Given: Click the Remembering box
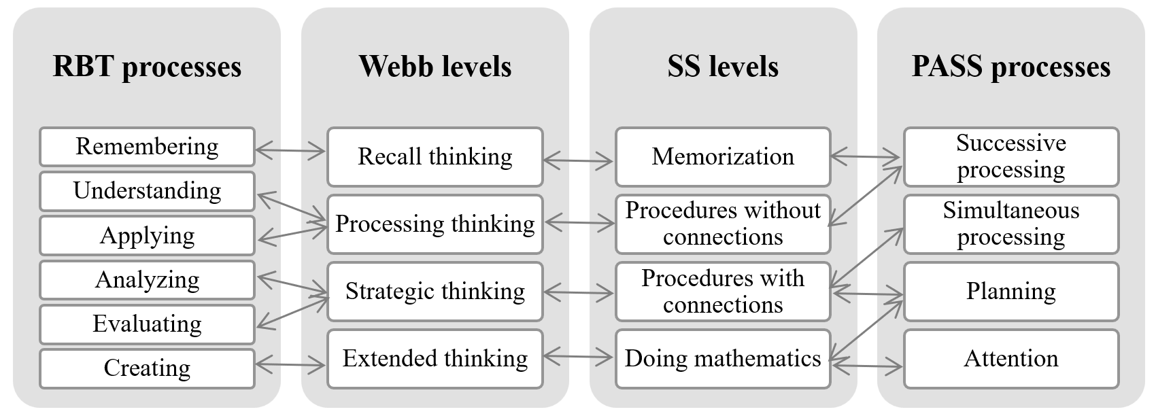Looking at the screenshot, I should click(x=147, y=147).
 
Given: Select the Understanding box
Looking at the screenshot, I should click(x=147, y=191).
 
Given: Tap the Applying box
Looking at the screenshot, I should click(x=147, y=235).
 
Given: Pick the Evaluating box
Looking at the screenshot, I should click(x=147, y=324).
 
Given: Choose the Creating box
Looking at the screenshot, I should click(x=147, y=368).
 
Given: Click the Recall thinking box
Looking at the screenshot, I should click(x=435, y=157).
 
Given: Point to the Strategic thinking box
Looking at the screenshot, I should click(x=435, y=292).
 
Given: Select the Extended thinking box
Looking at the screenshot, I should click(x=435, y=359).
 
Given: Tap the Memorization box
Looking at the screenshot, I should click(x=723, y=157).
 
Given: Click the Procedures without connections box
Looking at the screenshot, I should click(x=723, y=224).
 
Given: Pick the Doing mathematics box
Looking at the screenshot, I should click(x=723, y=359).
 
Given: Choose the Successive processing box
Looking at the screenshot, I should click(x=1010, y=157).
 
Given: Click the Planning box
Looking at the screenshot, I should click(x=1010, y=292).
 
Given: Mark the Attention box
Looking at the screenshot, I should click(x=1010, y=359).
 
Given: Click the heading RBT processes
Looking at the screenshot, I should click(x=147, y=67).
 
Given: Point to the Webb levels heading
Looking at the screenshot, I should click(x=435, y=67).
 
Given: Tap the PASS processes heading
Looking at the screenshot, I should click(x=1010, y=67).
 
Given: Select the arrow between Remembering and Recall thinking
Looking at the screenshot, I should click(x=291, y=150).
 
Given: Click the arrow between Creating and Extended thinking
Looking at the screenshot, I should click(x=291, y=365).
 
